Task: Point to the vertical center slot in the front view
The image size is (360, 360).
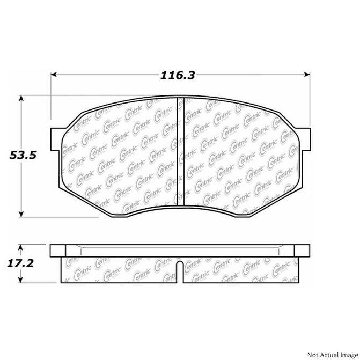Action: click(180, 145)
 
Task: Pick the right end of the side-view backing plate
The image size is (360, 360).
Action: click(308, 250)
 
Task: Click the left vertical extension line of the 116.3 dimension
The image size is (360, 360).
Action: click(51, 94)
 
